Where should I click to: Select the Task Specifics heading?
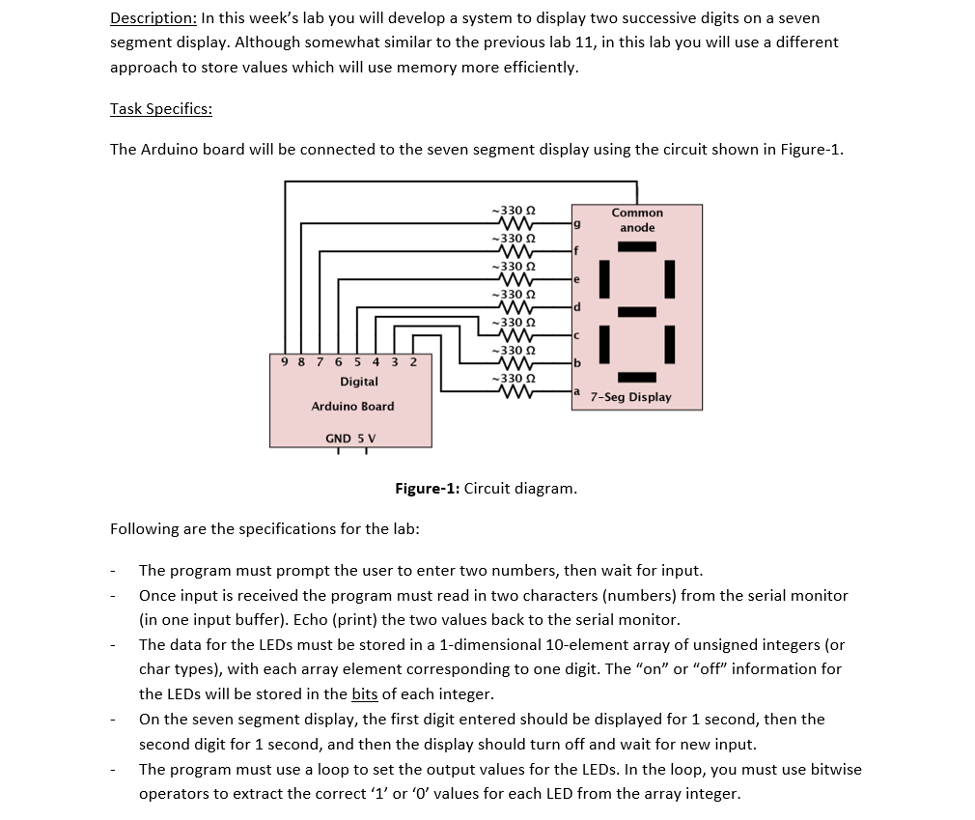click(161, 108)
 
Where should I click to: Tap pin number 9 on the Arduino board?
click(284, 362)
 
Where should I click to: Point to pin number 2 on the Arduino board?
click(413, 362)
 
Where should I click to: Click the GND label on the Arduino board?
click(338, 438)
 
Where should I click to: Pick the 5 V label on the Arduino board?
click(367, 438)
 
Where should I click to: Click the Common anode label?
click(637, 220)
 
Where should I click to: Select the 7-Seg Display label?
click(631, 397)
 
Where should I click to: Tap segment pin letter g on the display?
click(576, 223)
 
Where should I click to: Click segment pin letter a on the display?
click(576, 391)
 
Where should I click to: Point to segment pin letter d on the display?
click(576, 307)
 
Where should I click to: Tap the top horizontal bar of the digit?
click(637, 246)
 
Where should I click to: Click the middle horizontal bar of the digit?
click(637, 311)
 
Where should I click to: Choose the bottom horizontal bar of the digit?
click(637, 377)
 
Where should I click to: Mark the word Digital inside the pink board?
click(358, 382)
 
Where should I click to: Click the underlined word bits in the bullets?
click(364, 693)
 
